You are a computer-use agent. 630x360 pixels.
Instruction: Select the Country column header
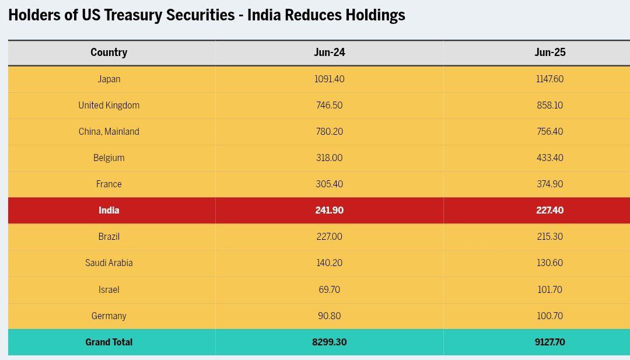[108, 53]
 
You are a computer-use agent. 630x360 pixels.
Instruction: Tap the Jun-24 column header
[329, 53]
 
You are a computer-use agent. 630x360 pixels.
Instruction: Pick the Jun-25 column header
[549, 53]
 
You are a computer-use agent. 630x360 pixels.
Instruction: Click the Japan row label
[108, 79]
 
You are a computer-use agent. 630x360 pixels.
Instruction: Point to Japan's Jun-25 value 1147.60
[549, 79]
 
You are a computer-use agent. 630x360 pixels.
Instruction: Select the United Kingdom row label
[108, 106]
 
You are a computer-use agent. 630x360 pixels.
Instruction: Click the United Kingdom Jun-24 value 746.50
[329, 106]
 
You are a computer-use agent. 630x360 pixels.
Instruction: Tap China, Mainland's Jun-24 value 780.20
[329, 132]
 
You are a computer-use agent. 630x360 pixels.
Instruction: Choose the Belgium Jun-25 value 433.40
[549, 158]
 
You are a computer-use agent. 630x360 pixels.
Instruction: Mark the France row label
[108, 184]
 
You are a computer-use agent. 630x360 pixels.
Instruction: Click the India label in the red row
[108, 211]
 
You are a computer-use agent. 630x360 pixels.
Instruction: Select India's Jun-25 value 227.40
[549, 211]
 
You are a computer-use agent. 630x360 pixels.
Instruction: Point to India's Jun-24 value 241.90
[329, 211]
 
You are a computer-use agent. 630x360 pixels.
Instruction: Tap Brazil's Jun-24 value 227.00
[329, 237]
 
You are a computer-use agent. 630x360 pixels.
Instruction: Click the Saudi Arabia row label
[108, 263]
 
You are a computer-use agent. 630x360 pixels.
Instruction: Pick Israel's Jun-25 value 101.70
[549, 289]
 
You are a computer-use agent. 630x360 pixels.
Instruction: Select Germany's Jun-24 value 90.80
[329, 316]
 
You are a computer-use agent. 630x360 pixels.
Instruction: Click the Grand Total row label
[108, 342]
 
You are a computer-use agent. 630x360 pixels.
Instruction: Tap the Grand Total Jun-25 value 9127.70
[549, 342]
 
